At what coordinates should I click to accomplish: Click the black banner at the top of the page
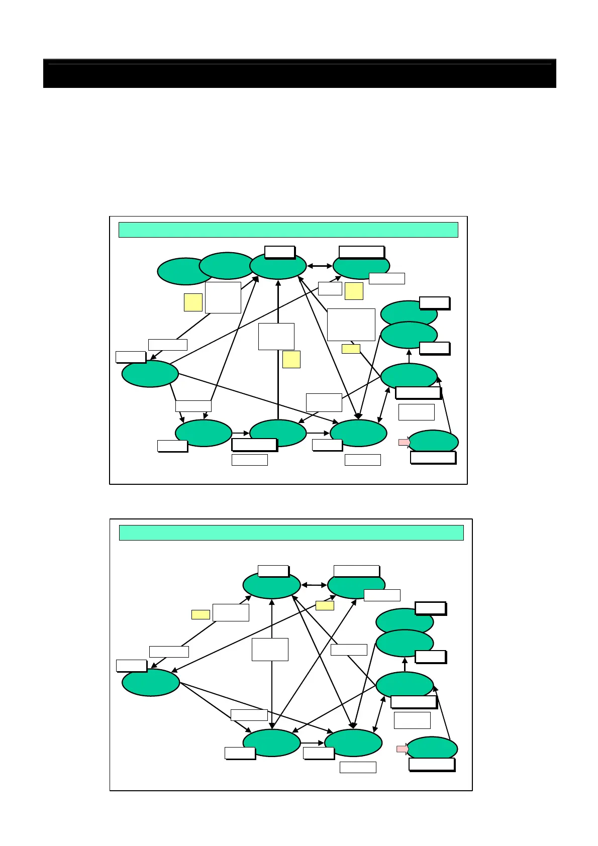tap(300, 74)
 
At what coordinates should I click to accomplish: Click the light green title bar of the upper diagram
tap(288, 230)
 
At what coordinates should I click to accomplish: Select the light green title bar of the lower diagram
tap(291, 533)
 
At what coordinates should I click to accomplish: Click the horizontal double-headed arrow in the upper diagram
tap(320, 266)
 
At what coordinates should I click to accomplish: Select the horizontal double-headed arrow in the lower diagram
tap(314, 585)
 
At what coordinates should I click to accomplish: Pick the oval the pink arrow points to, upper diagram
tap(433, 442)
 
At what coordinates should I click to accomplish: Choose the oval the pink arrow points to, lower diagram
tap(432, 749)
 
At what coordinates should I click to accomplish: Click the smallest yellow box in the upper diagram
tap(351, 349)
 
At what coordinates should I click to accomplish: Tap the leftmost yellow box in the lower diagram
tap(201, 614)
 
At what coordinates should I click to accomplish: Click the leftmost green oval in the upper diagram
tap(150, 374)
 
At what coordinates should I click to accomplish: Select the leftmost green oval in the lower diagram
tap(151, 682)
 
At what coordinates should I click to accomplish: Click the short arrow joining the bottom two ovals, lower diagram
tap(312, 743)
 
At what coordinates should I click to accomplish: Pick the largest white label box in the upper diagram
tap(351, 325)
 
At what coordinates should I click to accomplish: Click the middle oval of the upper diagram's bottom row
tap(278, 433)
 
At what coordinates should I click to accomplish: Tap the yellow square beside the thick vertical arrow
tap(291, 360)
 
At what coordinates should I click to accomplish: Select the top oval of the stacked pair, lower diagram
tap(405, 621)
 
